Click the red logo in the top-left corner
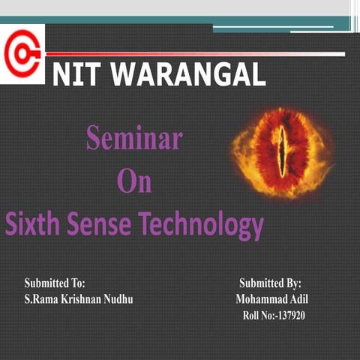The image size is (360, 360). coord(22,53)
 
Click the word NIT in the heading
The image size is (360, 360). coord(76,74)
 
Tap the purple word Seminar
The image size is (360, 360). coord(134,139)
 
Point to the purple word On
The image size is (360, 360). coord(134,182)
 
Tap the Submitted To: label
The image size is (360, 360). coord(55,283)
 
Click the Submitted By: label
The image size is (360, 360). coord(270,283)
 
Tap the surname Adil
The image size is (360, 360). coord(299,299)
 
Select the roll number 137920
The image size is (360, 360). coord(289,315)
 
